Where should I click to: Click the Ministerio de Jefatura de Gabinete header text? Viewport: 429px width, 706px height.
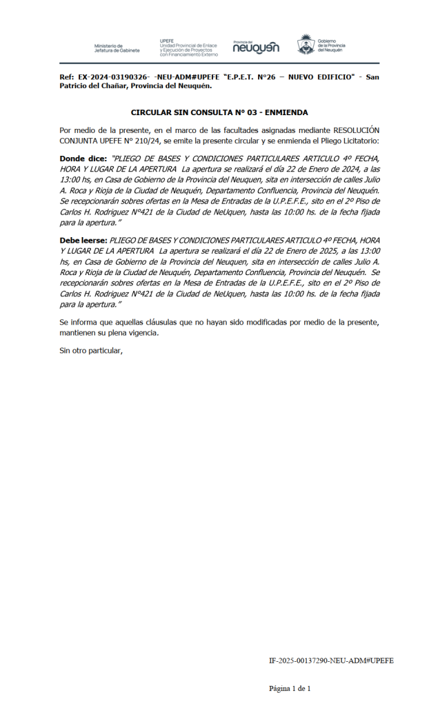coord(117,48)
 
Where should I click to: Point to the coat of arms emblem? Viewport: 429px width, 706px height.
coord(306,45)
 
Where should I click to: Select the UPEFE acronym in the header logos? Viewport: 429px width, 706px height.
coord(166,41)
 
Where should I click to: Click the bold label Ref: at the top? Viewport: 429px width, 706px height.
coord(66,77)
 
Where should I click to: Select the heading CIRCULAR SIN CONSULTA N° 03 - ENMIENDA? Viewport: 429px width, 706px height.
coord(219,112)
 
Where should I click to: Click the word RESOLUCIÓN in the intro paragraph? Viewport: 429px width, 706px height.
coord(357,130)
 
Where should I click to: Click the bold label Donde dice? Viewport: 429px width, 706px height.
coord(83,159)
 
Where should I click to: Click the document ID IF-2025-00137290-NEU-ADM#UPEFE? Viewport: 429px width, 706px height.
coord(331,660)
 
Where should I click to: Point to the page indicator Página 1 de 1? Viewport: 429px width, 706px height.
coord(290,688)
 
